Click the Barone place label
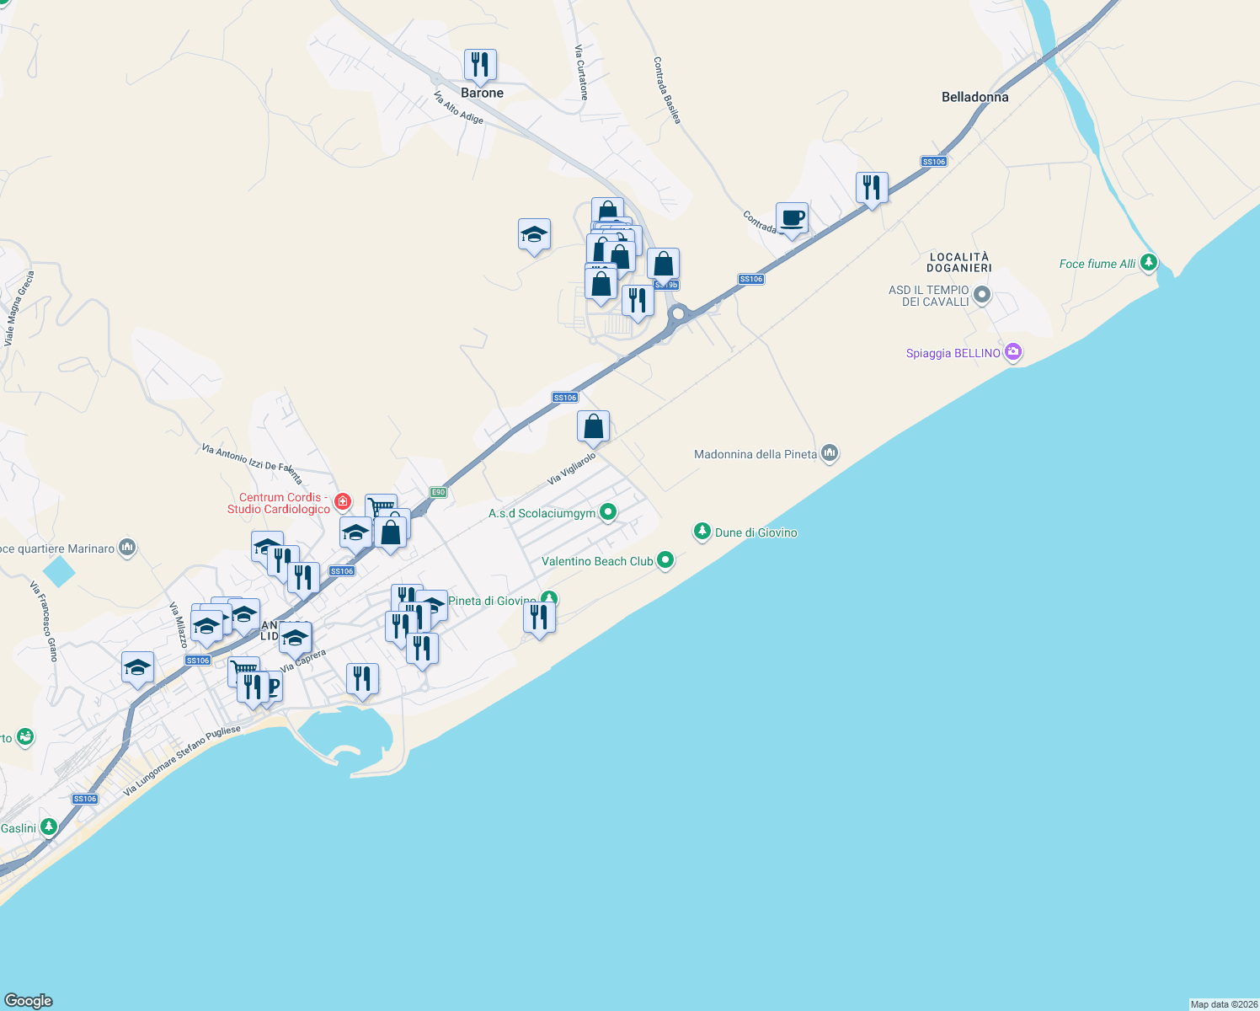point(482,93)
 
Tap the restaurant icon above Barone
point(480,65)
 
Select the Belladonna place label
point(974,97)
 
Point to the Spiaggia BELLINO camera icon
point(1013,352)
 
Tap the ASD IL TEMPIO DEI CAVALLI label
point(929,296)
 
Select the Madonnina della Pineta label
point(755,454)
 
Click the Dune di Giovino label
point(755,532)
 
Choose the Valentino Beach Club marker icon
point(665,560)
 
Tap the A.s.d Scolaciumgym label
point(542,513)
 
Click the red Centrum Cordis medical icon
point(343,503)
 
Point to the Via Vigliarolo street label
point(572,468)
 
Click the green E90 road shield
point(437,492)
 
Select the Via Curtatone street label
point(581,72)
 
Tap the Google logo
point(29,1001)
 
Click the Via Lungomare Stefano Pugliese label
point(182,761)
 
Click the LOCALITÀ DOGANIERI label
point(958,262)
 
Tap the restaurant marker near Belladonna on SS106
point(872,188)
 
